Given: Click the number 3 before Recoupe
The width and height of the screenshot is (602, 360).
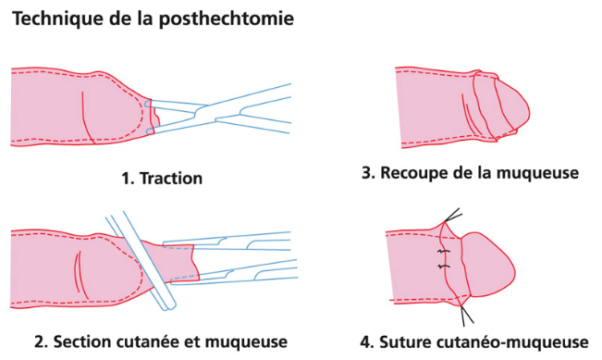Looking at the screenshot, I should [x=368, y=172].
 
